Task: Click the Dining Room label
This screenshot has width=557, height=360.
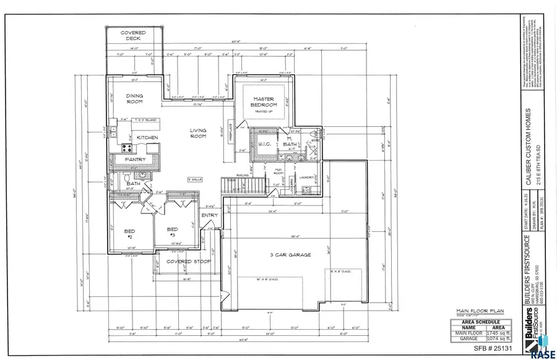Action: tap(134, 99)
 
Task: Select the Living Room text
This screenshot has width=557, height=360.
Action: tap(197, 133)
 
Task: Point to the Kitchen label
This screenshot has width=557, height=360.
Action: tap(147, 137)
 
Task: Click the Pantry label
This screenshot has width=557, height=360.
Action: tap(135, 160)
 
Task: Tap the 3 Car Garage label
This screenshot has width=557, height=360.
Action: tap(273, 255)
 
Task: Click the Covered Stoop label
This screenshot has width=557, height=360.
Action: tap(188, 262)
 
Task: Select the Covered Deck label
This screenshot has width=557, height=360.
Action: tap(134, 35)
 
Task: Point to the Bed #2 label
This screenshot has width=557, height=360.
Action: tap(131, 233)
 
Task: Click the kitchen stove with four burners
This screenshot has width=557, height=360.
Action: tap(127, 148)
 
